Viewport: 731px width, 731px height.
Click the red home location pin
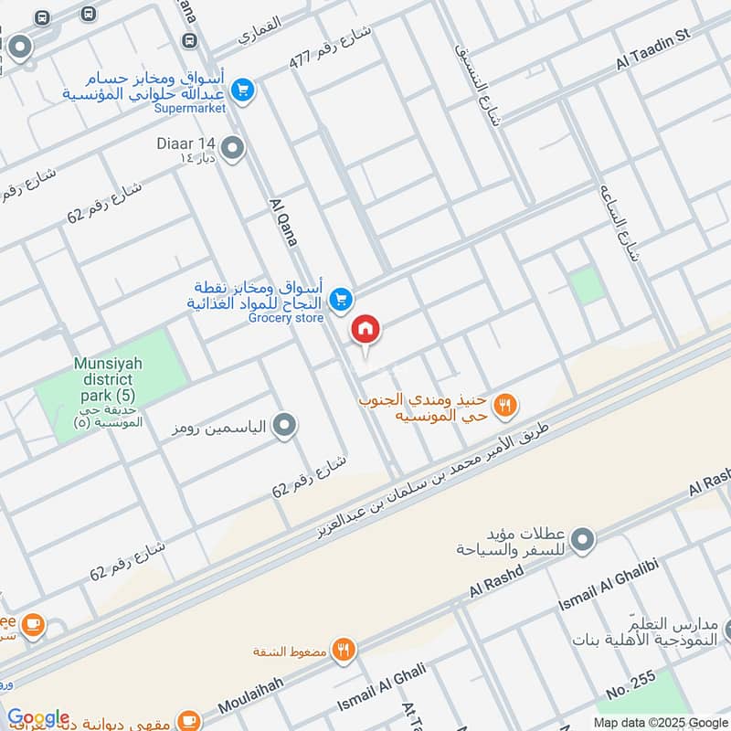(366, 330)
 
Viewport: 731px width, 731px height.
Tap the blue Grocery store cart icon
(341, 299)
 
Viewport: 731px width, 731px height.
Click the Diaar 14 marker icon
(233, 146)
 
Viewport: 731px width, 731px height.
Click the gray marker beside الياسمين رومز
(285, 426)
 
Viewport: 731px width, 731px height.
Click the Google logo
(38, 717)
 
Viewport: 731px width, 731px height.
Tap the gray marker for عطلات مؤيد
(586, 539)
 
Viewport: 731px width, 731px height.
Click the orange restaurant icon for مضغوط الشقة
(344, 651)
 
